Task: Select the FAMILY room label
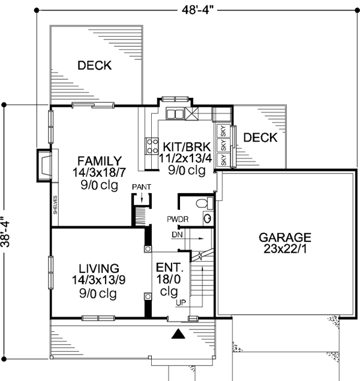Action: coord(100,161)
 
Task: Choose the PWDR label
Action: coord(179,220)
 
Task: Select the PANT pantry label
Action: coord(142,187)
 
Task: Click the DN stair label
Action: coord(176,234)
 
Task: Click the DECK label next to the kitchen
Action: coord(260,138)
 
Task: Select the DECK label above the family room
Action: coord(94,65)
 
